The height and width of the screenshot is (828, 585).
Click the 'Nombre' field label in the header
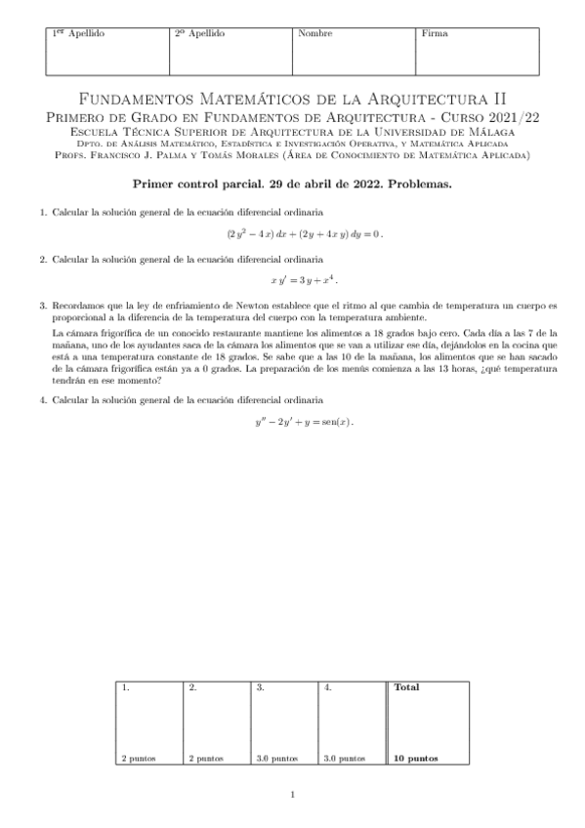pos(315,34)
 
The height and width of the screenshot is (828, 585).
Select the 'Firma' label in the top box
pos(435,34)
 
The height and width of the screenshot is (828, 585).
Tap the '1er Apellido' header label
pos(78,34)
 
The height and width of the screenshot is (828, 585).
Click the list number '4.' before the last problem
pos(44,400)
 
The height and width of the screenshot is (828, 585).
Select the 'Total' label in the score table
pos(406,687)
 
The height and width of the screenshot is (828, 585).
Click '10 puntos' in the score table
pos(416,758)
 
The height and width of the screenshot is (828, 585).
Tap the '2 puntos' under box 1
pos(138,758)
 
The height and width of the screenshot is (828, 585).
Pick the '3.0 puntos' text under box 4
pos(344,758)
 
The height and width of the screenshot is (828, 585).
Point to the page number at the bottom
pos(292,796)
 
